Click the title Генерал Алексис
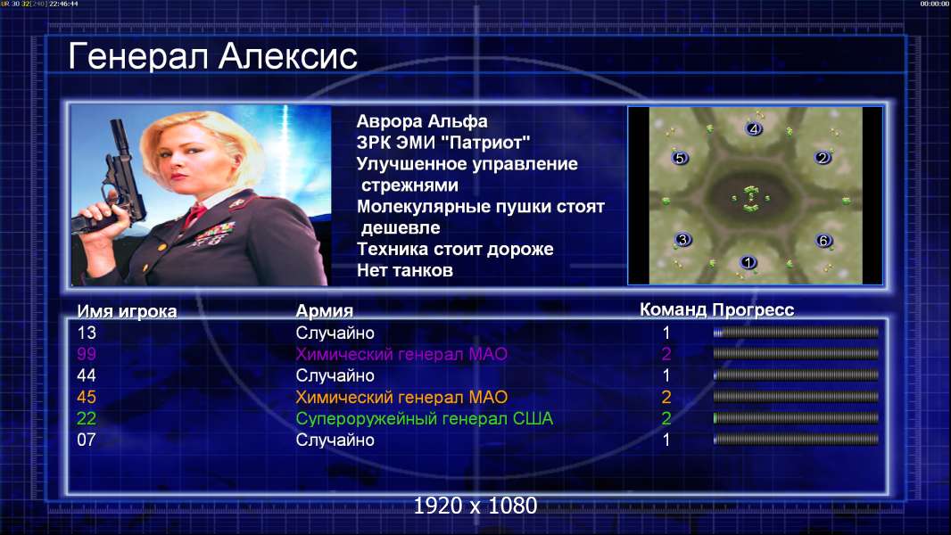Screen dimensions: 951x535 [x=213, y=56]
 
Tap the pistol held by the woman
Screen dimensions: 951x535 [x=115, y=182]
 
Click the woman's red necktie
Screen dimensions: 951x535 [x=195, y=214]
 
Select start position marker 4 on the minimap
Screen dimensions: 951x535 [x=753, y=128]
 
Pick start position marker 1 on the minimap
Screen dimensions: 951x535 [x=748, y=262]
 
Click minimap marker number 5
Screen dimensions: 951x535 [x=680, y=158]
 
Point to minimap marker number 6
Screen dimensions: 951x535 [x=823, y=241]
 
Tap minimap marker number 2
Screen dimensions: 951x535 [x=823, y=158]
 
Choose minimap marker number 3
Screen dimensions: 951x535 [x=683, y=239]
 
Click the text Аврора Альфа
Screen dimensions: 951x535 [x=422, y=121]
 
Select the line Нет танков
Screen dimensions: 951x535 [x=405, y=270]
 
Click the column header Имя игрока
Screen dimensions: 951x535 [x=127, y=311]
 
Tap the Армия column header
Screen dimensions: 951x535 [x=325, y=311]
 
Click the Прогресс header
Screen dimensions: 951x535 [x=753, y=309]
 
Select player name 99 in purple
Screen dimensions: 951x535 [x=87, y=354]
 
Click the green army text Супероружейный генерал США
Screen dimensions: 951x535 [x=425, y=419]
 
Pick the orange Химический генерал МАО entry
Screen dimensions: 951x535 [x=401, y=398]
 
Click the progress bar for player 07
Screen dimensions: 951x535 [x=796, y=440]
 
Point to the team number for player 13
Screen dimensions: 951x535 [x=666, y=333]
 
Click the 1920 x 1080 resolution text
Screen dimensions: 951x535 [x=475, y=506]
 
